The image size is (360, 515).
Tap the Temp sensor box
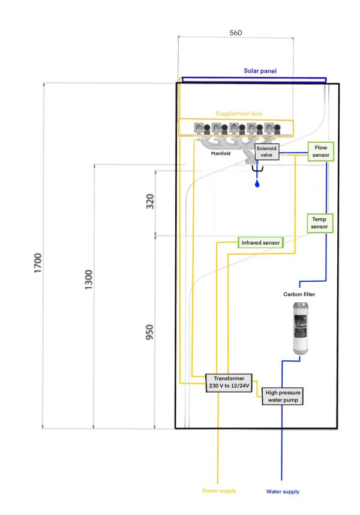tap(319, 223)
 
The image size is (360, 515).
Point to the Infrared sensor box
tap(260, 243)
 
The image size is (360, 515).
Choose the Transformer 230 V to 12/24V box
tap(229, 382)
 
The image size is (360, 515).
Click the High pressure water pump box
tap(283, 395)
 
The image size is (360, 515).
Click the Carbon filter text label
tap(299, 294)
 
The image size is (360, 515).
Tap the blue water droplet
tap(257, 183)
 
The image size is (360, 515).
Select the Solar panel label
tap(260, 71)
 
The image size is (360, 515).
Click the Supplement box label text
tap(238, 113)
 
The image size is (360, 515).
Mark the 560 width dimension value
tap(236, 33)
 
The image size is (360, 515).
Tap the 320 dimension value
tap(150, 201)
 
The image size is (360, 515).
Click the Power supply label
tap(219, 490)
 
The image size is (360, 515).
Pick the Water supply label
tap(282, 492)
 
